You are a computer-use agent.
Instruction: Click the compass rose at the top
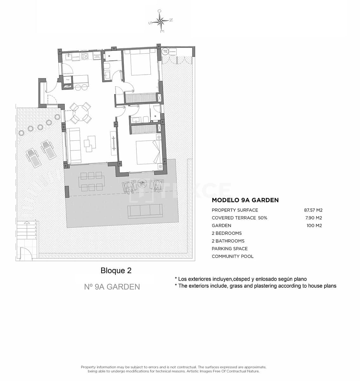click(161, 21)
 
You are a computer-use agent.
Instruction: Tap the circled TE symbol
click(165, 51)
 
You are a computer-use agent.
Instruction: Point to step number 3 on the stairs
click(36, 231)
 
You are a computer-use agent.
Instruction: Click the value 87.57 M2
click(313, 210)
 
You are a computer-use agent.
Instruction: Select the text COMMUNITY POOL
click(232, 257)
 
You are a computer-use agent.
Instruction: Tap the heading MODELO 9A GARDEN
click(245, 200)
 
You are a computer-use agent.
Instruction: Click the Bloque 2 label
click(116, 271)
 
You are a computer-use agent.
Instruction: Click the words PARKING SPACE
click(230, 249)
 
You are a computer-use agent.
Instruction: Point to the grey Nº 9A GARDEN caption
click(112, 287)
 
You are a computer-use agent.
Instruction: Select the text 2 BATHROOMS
click(228, 241)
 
